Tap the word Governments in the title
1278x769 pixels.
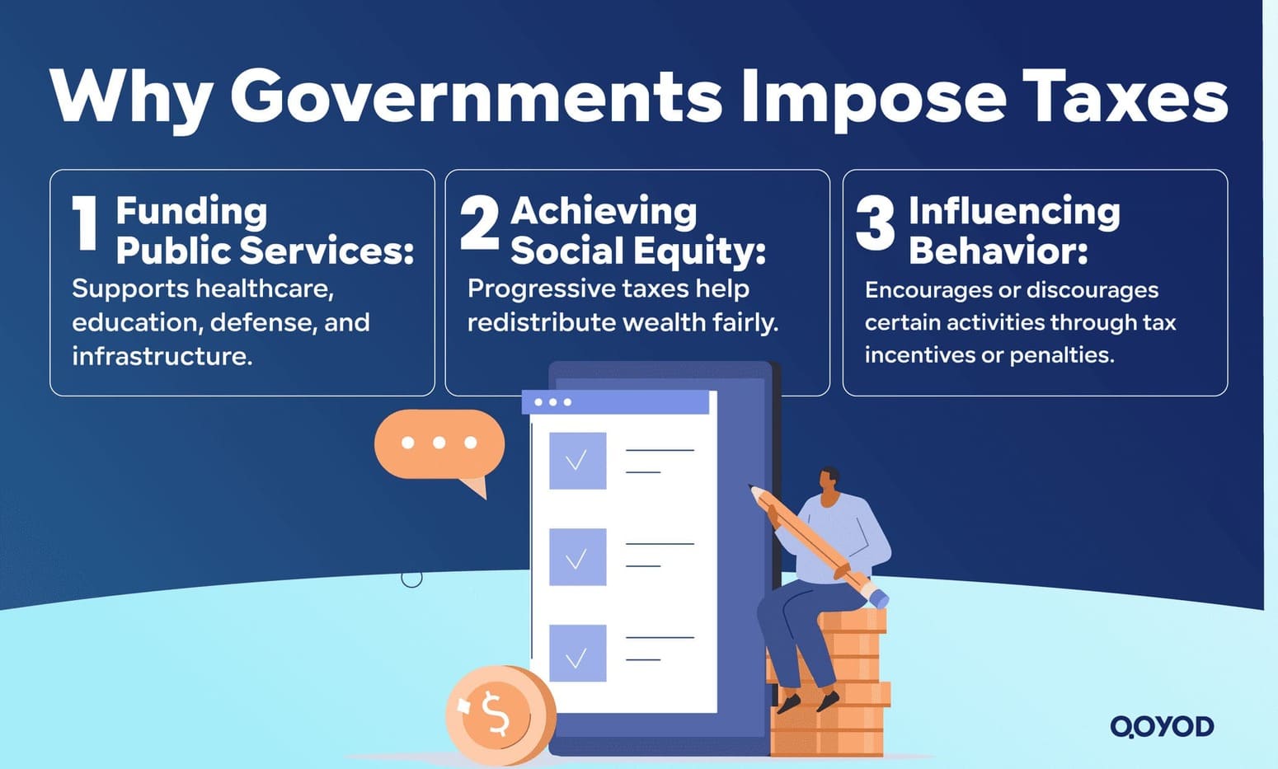[x=477, y=96]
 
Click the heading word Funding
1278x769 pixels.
[x=191, y=211]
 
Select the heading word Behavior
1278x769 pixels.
[x=998, y=251]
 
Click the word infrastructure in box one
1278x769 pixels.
[x=162, y=356]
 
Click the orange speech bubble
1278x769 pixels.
[x=439, y=446]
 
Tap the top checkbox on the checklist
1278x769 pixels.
[x=577, y=460]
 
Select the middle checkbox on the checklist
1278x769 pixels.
[x=577, y=557]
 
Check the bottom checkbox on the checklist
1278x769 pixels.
[x=577, y=654]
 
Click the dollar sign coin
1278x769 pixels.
[x=496, y=713]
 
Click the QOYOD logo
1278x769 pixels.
[x=1162, y=726]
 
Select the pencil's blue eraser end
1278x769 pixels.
[x=878, y=598]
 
